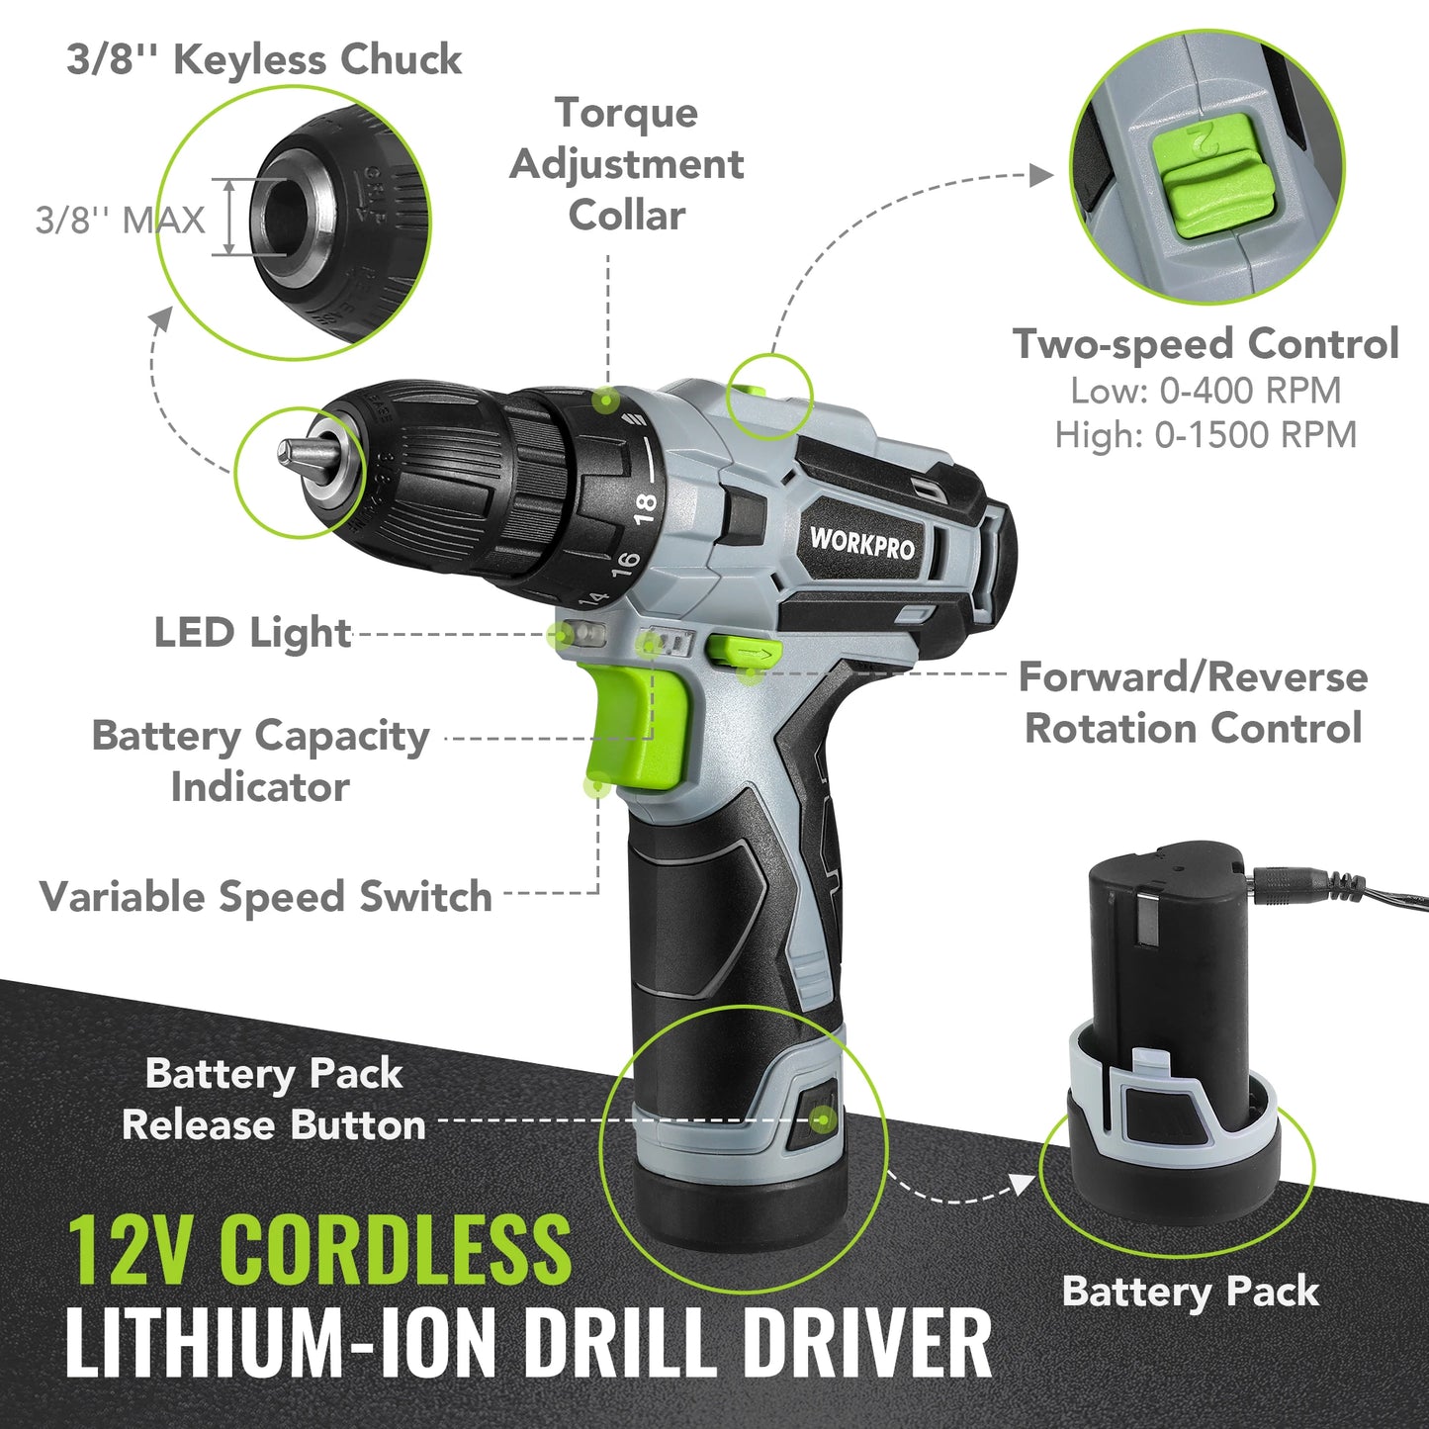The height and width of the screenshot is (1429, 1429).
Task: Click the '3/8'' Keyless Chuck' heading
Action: coord(264,59)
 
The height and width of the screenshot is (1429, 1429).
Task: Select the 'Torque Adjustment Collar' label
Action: coord(626,164)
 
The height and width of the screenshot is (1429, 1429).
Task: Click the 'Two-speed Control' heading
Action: coord(1206,344)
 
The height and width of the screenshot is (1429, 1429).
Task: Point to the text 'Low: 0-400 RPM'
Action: coord(1206,391)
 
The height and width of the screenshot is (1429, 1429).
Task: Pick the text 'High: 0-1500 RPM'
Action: coord(1206,434)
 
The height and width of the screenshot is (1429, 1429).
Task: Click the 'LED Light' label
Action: coord(252,633)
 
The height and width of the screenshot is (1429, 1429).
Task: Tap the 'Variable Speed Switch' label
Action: coord(266,897)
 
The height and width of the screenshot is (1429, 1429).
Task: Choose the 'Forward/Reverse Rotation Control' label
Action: coord(1194,702)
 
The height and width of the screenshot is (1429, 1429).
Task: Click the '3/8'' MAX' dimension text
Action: coord(121,220)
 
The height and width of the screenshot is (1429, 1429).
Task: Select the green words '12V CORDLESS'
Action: coord(319,1248)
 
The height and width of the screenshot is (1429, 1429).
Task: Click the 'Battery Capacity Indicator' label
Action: coord(260,760)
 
